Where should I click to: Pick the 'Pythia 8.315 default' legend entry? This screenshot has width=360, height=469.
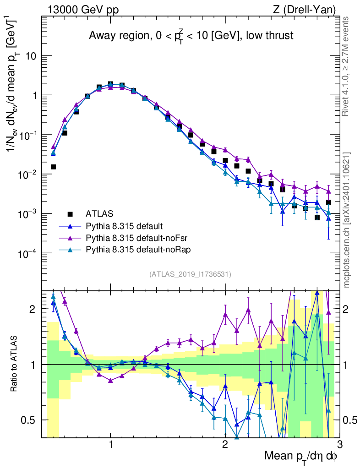[x=124, y=226]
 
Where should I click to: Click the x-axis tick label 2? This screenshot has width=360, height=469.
[x=225, y=445]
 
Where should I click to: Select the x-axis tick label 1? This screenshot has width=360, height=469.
[x=111, y=445]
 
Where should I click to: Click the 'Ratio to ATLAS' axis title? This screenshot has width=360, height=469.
[x=15, y=364]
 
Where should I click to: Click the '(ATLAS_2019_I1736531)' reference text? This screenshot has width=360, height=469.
[x=190, y=274]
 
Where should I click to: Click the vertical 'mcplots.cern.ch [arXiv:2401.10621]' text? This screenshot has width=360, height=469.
[x=347, y=220]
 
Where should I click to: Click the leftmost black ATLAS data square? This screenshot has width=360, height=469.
[x=53, y=167]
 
